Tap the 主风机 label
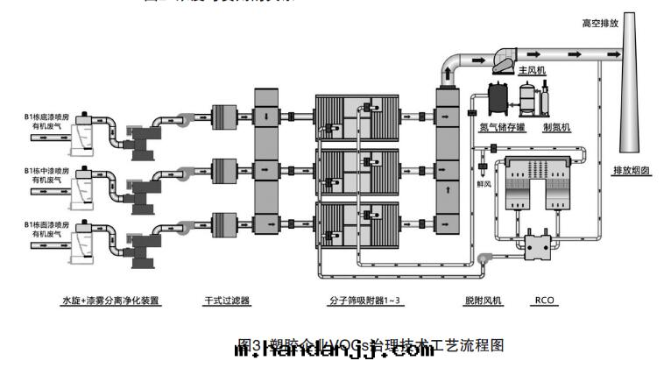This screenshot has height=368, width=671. (x=532, y=69)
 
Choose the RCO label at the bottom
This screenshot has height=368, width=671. (x=543, y=301)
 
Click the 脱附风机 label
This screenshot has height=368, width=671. (x=483, y=301)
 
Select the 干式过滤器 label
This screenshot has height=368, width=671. (x=227, y=301)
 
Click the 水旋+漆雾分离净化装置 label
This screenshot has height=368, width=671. (x=110, y=301)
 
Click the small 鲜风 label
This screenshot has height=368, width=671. (x=483, y=185)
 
